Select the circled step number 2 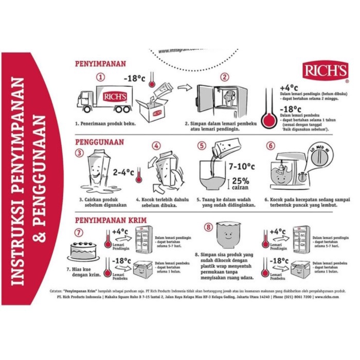click(224, 78)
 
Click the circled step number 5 click(202, 146)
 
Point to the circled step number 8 click(208, 226)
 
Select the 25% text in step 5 click(241, 181)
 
